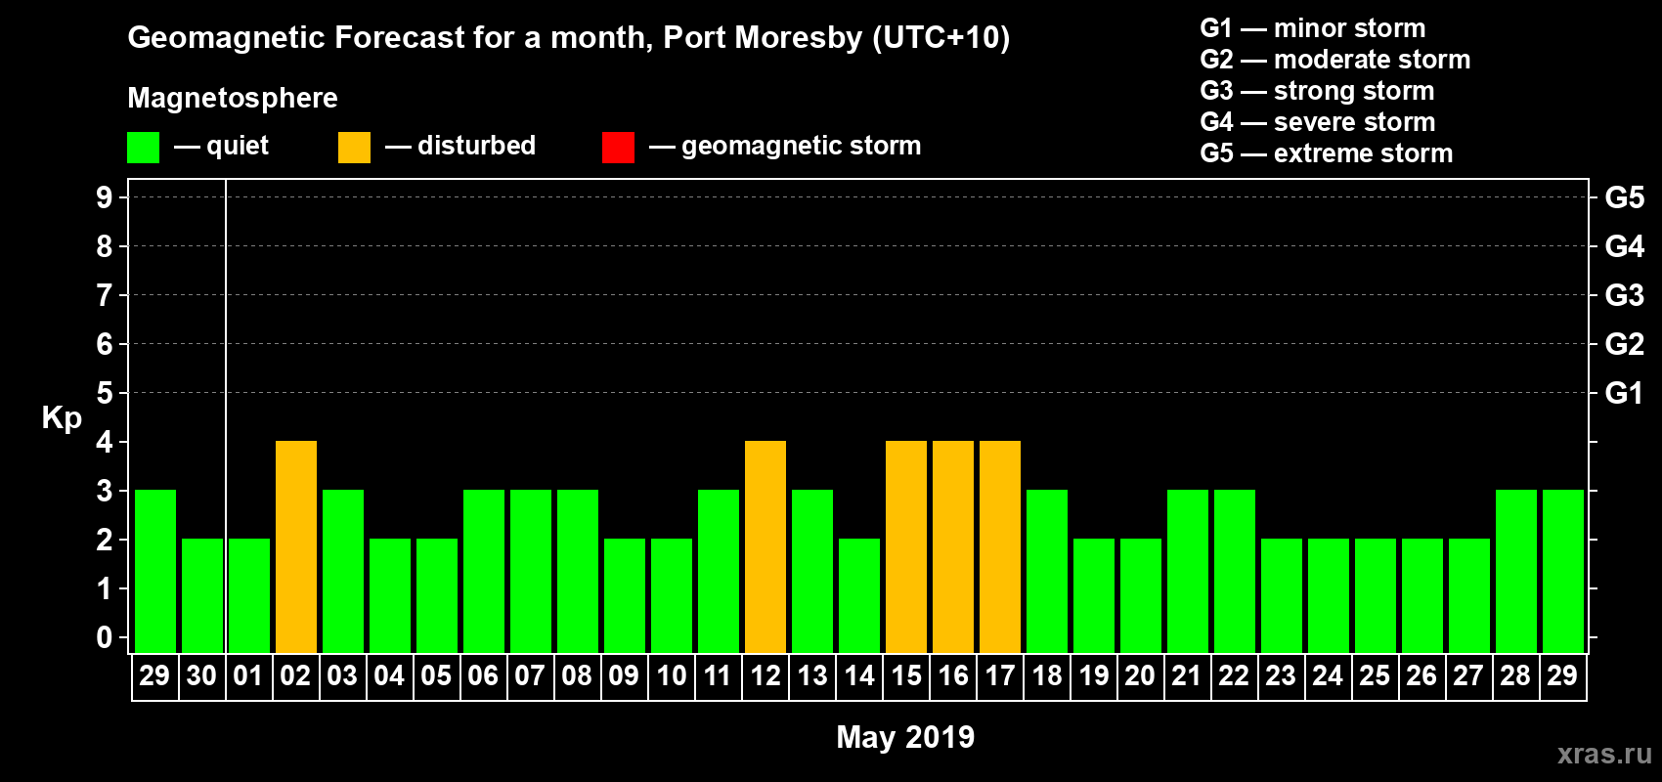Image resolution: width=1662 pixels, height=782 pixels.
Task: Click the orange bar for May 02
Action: (x=296, y=546)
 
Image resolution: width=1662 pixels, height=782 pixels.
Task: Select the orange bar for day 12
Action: (x=765, y=546)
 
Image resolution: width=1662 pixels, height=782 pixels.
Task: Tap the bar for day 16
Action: (x=953, y=546)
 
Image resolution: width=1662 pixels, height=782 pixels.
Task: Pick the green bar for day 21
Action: (x=1188, y=571)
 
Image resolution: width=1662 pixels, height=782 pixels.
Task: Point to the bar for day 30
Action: (x=202, y=595)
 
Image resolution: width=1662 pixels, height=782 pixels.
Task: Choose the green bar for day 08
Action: (x=578, y=571)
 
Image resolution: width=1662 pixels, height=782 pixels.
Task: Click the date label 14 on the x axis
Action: (x=859, y=675)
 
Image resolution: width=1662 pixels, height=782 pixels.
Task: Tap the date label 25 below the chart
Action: (x=1375, y=675)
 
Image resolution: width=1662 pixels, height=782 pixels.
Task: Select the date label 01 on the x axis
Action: (x=248, y=675)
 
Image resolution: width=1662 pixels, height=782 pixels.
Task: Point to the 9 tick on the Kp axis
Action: (x=105, y=197)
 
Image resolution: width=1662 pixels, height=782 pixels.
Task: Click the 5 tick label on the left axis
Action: (x=105, y=393)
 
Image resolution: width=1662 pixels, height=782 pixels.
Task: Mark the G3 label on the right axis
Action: (x=1624, y=295)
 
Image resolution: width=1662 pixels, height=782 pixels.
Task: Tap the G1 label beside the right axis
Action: (x=1624, y=393)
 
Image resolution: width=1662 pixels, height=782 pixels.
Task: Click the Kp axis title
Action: (x=62, y=417)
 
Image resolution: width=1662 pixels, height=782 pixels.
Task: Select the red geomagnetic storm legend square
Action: (x=618, y=148)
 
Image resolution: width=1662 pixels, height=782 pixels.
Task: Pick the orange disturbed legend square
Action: (x=354, y=148)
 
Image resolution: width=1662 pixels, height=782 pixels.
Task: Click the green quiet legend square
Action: (x=144, y=148)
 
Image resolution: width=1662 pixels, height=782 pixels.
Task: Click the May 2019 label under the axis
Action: (x=905, y=737)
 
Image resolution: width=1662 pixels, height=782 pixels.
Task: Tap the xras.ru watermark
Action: (x=1604, y=754)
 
